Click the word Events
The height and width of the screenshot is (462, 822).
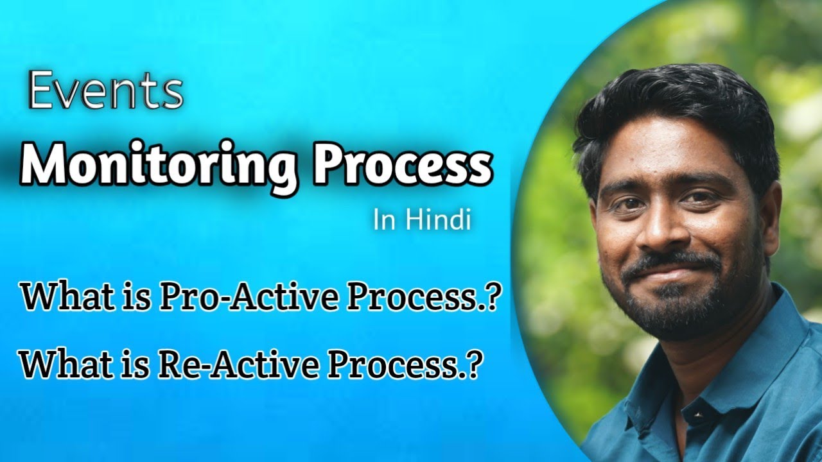click(105, 92)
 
